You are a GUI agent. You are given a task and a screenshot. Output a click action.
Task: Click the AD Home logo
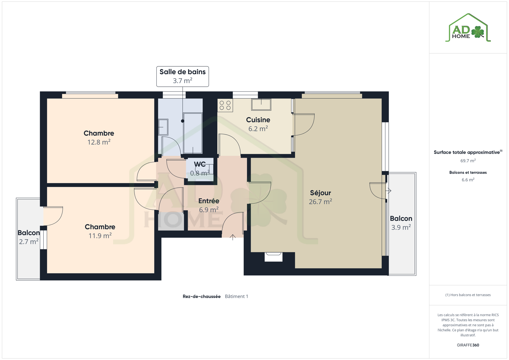(x=468, y=28)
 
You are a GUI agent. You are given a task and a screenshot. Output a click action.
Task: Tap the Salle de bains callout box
(x=182, y=76)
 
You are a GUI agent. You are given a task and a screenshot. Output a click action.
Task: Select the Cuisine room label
(x=258, y=120)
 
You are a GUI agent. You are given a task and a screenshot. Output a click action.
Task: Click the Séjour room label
(x=321, y=193)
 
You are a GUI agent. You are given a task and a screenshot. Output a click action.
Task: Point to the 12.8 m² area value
(x=99, y=142)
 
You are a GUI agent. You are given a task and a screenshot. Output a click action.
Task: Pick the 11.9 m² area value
(x=100, y=235)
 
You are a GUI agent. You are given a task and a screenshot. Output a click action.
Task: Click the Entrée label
(x=209, y=201)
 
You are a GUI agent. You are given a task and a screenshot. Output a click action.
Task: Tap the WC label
(x=200, y=164)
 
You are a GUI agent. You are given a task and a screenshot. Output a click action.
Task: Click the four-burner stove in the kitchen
(x=225, y=105)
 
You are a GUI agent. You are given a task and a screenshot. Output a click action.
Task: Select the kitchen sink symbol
(x=261, y=104)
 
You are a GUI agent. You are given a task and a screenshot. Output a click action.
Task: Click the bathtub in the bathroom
(x=193, y=133)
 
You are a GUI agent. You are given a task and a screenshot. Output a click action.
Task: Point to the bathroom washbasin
(x=163, y=127)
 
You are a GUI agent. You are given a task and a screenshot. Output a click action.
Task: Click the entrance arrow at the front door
(x=233, y=237)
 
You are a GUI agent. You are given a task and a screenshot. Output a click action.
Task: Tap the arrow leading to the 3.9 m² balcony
(x=388, y=191)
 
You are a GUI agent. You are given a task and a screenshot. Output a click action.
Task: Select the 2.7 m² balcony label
(x=29, y=237)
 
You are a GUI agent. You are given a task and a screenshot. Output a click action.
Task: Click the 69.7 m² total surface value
(x=468, y=160)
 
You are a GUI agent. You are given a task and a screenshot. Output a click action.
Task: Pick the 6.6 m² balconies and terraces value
(x=468, y=180)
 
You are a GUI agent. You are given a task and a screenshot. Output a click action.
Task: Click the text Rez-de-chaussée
(x=202, y=296)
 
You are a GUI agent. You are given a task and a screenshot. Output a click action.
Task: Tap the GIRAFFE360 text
(x=468, y=345)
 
